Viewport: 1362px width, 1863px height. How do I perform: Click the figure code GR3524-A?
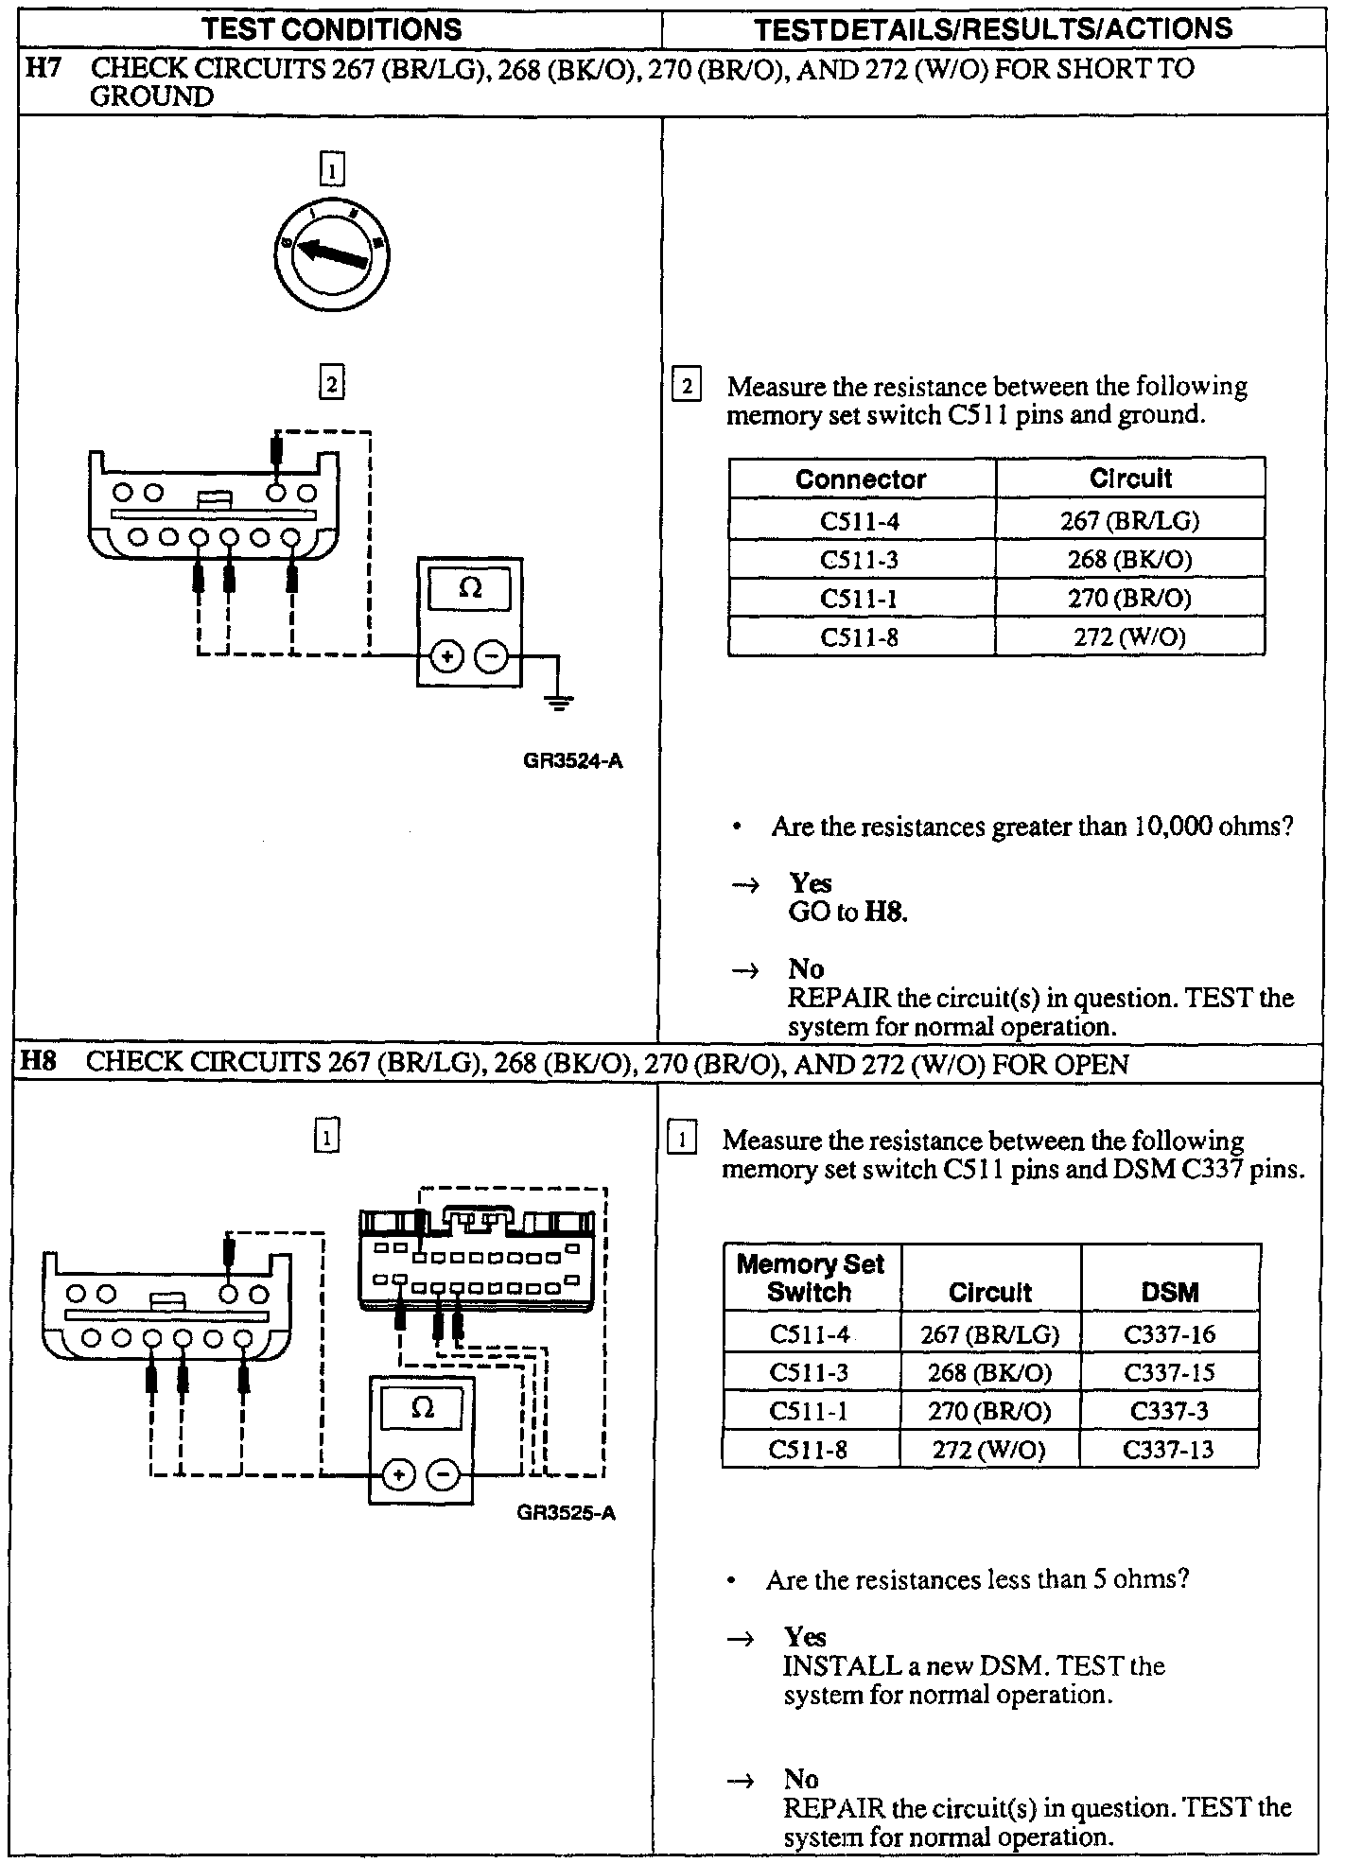coord(572,760)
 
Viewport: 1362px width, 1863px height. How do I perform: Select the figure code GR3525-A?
coord(566,1513)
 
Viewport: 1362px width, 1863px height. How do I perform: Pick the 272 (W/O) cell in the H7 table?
coord(1129,636)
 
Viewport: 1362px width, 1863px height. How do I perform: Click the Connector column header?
coord(861,479)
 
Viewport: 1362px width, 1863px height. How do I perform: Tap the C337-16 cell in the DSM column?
coord(1169,1334)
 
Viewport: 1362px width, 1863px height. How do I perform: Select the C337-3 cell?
coord(1169,1411)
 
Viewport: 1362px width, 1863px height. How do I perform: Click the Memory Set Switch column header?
coord(810,1278)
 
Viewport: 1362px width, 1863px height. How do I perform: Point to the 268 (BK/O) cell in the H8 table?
coord(989,1373)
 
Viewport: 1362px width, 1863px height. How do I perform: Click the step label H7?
coord(43,68)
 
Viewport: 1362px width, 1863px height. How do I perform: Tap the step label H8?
coord(39,1061)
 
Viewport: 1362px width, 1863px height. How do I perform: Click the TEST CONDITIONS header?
coord(332,28)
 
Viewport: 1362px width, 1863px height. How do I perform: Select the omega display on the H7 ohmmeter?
coord(469,589)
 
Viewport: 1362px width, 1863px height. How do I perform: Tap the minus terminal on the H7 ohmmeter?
coord(491,655)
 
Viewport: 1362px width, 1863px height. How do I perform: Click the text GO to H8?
coord(847,912)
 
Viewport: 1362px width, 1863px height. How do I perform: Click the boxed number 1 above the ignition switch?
coord(332,171)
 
